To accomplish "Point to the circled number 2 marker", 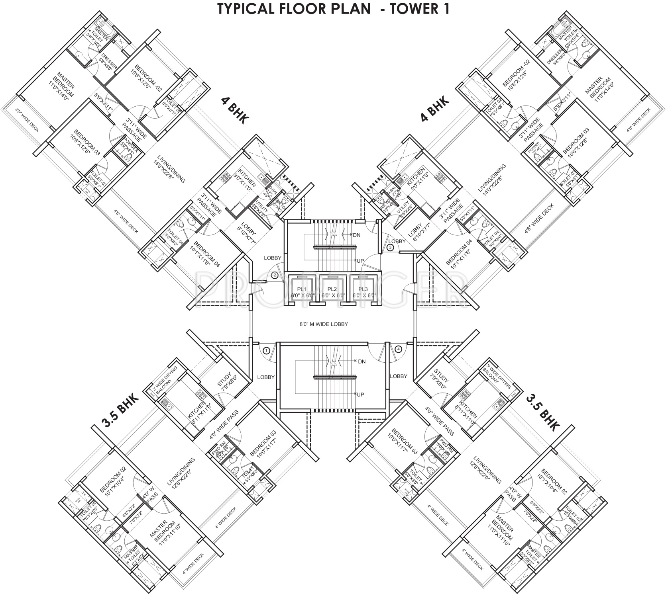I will (x=274, y=275).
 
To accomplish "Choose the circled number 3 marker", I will (x=390, y=248).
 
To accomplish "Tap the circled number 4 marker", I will (x=399, y=349).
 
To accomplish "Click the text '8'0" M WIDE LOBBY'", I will (x=324, y=324).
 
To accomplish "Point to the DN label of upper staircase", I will (x=356, y=235).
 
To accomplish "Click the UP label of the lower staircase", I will (x=360, y=395).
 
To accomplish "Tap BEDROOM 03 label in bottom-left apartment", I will (x=263, y=443).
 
